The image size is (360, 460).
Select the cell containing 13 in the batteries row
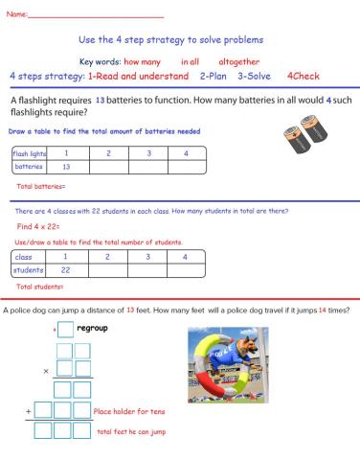click(66, 167)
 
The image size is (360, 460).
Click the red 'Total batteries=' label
click(41, 185)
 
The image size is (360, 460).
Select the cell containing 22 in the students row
click(66, 270)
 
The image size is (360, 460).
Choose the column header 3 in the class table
click(146, 257)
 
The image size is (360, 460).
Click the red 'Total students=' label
click(40, 287)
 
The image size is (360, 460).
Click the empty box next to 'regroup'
click(65, 331)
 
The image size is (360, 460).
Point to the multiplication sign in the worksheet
click(46, 371)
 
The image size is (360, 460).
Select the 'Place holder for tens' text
click(131, 411)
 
